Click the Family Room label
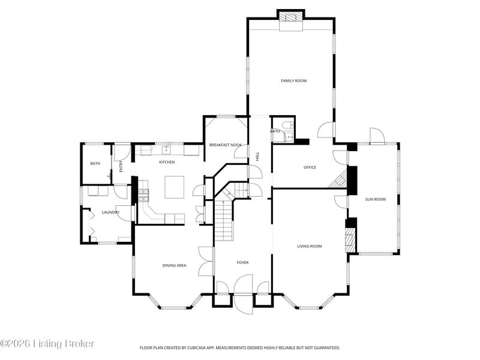pyautogui.click(x=293, y=81)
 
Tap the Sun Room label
pyautogui.click(x=376, y=199)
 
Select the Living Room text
pyautogui.click(x=310, y=246)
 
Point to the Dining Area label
pyautogui.click(x=174, y=265)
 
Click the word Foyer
pyautogui.click(x=242, y=263)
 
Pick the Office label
pyautogui.click(x=310, y=167)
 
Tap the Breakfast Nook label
pyautogui.click(x=226, y=145)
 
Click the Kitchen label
pyautogui.click(x=167, y=162)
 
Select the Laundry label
pyautogui.click(x=110, y=212)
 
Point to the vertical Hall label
pyautogui.click(x=257, y=157)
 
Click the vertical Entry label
pyautogui.click(x=121, y=166)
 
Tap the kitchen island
pyautogui.click(x=175, y=187)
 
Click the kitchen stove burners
pyautogui.click(x=143, y=196)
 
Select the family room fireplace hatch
pyautogui.click(x=291, y=17)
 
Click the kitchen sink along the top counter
pyautogui.click(x=166, y=149)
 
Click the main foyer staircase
pyautogui.click(x=224, y=220)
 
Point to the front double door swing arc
pyautogui.click(x=244, y=294)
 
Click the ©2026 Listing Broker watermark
pyautogui.click(x=47, y=344)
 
